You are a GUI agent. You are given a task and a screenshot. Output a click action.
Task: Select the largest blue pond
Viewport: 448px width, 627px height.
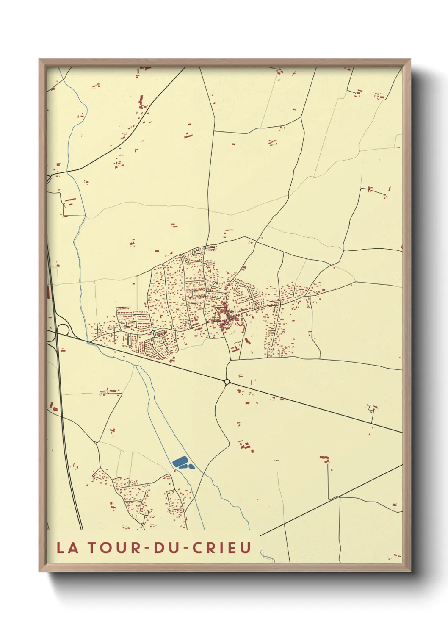tap(180, 461)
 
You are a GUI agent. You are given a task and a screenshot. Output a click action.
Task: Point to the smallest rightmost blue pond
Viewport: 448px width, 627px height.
tap(191, 467)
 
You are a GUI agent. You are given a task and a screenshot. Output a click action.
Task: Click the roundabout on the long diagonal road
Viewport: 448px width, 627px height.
tap(227, 382)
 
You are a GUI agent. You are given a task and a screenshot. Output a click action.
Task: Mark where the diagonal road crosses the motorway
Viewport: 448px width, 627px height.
tap(57, 333)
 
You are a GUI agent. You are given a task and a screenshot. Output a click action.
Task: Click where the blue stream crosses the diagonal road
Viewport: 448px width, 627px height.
tap(90, 341)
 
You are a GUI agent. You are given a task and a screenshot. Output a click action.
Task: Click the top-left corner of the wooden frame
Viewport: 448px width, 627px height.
tap(39, 60)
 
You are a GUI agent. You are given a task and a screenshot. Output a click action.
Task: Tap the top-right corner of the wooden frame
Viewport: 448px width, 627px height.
tap(410, 60)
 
